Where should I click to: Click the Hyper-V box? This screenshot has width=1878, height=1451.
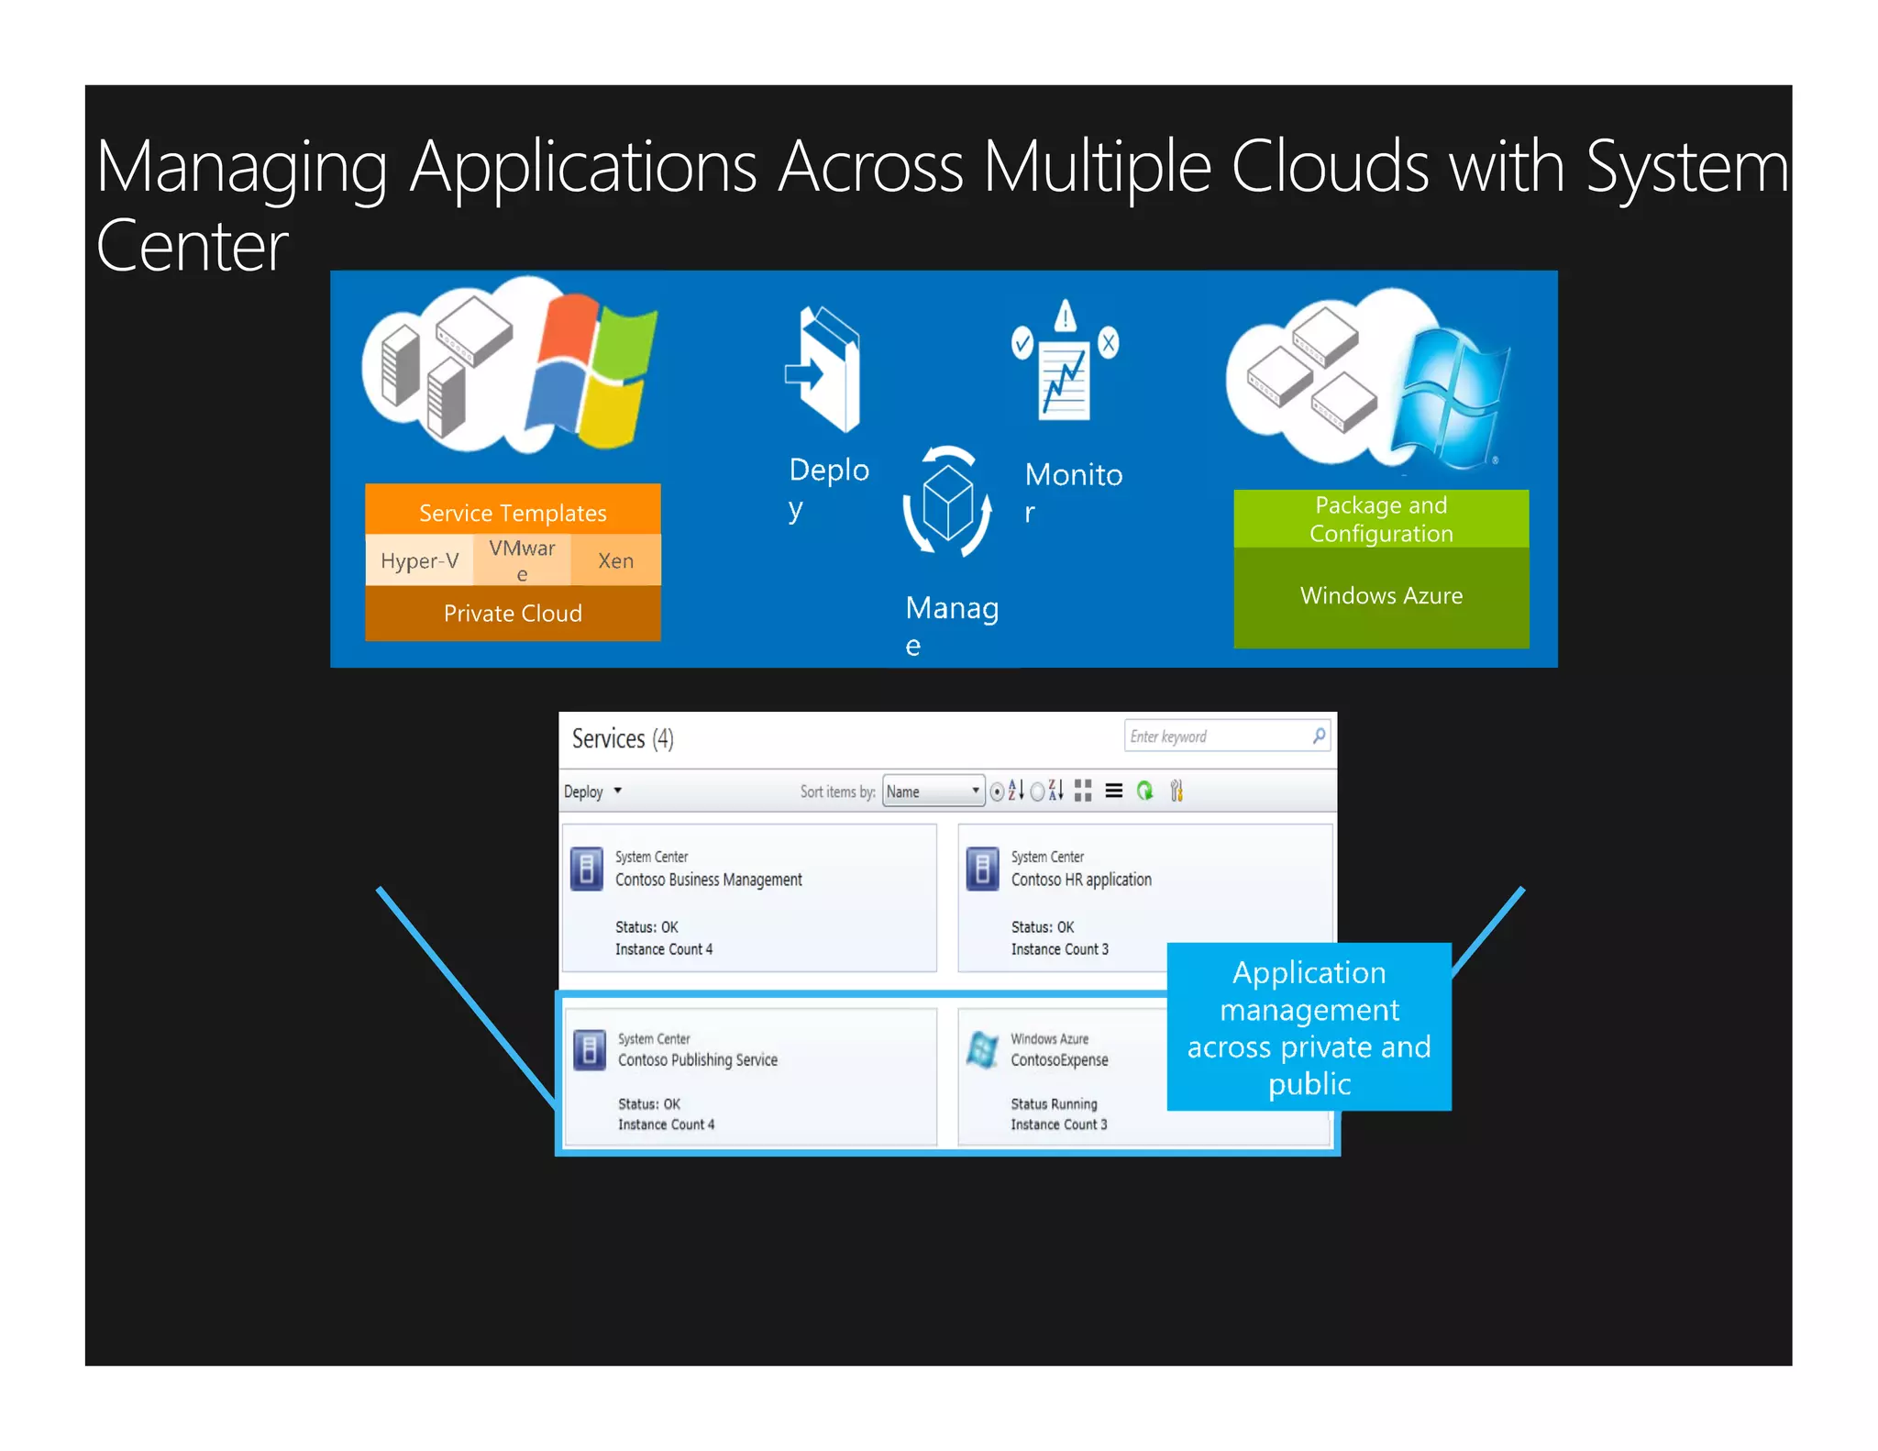419,560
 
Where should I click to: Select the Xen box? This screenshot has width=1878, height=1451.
615,560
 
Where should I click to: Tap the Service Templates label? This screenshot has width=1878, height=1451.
513,512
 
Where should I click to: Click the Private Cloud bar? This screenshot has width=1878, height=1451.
513,613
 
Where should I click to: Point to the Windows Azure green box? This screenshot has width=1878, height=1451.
1381,596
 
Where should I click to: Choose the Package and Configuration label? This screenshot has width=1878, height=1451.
1381,519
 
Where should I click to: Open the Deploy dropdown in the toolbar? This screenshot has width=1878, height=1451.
592,792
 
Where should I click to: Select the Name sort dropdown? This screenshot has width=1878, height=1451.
933,792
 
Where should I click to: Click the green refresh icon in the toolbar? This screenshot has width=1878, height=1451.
1144,791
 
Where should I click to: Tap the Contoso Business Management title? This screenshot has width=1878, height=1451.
708,880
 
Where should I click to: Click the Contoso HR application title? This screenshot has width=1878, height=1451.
1081,880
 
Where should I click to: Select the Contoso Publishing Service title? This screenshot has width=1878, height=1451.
697,1060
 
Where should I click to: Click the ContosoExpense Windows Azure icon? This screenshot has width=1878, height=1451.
982,1050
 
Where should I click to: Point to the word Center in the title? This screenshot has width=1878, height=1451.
193,246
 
